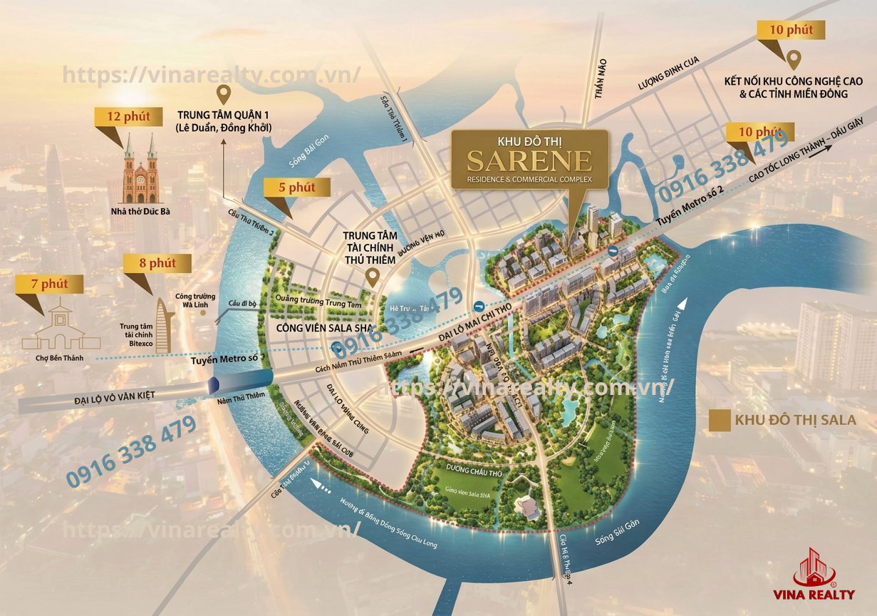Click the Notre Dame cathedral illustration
click(140, 168)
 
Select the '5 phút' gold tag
click(296, 188)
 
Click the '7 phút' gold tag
click(49, 284)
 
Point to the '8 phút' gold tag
click(157, 263)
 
